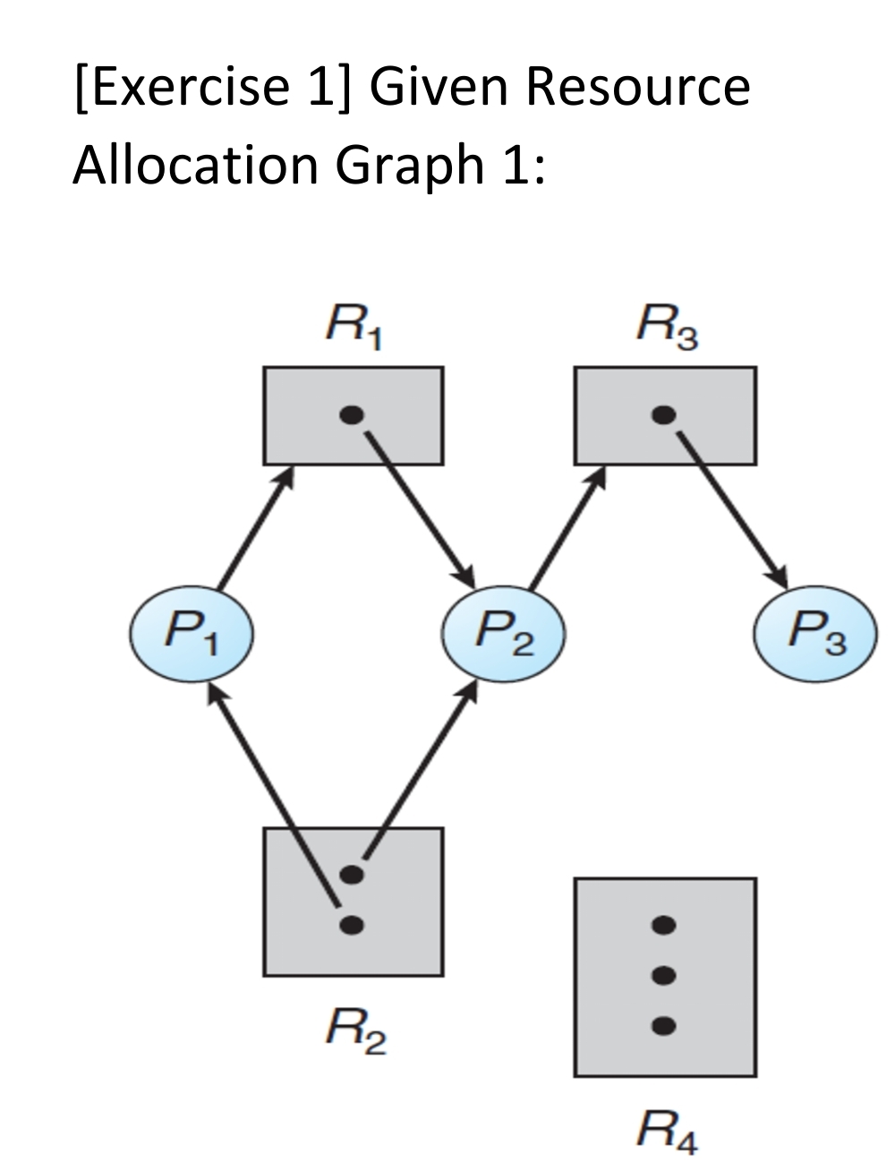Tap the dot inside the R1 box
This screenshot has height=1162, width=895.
(353, 414)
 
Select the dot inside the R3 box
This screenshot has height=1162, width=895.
(663, 414)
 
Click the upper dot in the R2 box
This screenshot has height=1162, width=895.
(353, 875)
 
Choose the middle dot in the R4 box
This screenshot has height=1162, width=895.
(663, 975)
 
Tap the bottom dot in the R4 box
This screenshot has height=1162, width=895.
(663, 1026)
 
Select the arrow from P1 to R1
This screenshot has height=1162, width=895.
(256, 529)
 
